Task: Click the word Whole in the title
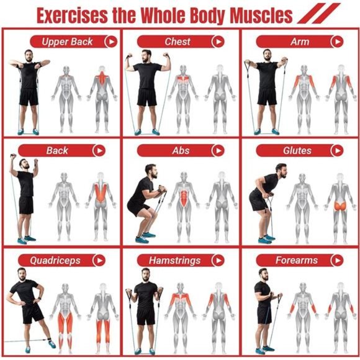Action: [164, 16]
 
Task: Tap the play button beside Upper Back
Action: [111, 42]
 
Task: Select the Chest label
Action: [178, 42]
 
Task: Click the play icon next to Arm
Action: [337, 42]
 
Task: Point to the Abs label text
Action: [181, 151]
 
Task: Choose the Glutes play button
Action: [337, 151]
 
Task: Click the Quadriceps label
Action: [55, 260]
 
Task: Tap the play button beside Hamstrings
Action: [218, 260]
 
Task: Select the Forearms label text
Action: [297, 260]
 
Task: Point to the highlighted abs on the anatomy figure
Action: [184, 197]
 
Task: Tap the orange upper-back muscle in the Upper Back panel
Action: [102, 78]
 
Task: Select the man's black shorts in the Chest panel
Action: [147, 97]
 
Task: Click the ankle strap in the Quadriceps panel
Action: [50, 340]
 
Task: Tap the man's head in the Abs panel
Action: [151, 171]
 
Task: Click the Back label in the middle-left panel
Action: [57, 151]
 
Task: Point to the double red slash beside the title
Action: [318, 13]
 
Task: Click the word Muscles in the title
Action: [261, 16]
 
